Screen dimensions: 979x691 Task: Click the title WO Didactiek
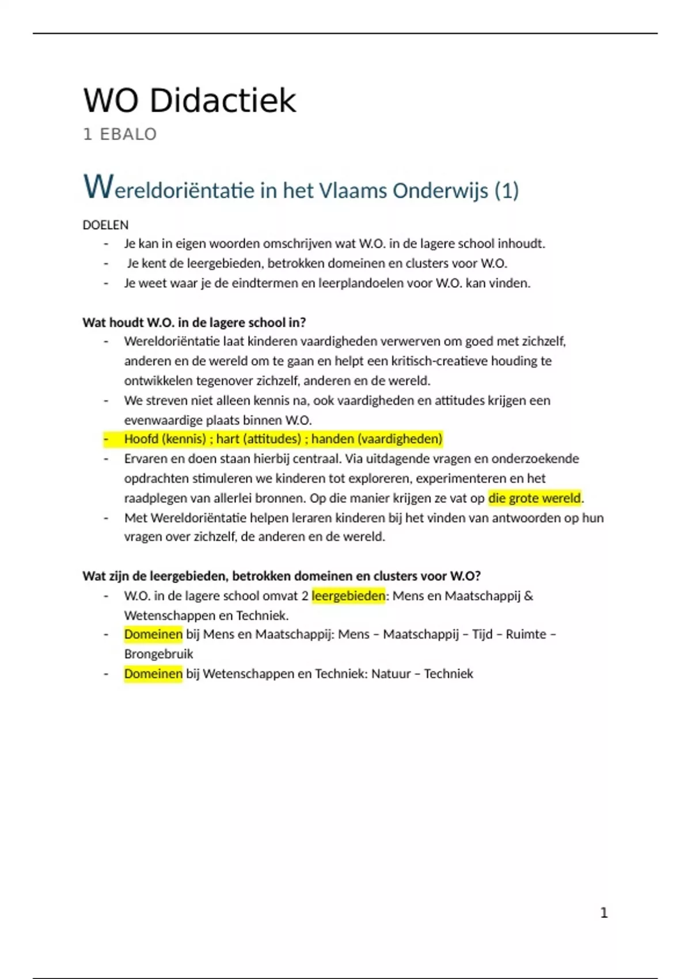point(189,101)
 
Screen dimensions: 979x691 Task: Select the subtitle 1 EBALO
point(120,134)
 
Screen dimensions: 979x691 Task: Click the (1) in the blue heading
point(506,190)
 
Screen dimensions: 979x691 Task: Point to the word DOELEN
point(105,225)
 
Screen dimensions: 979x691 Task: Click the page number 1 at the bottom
point(603,913)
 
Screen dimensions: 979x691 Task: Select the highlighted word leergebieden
point(348,595)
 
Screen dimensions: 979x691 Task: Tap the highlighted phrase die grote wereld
point(534,498)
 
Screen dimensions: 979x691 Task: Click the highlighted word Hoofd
point(141,439)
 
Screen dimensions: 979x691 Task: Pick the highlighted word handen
point(332,439)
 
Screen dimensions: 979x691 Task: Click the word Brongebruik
point(158,654)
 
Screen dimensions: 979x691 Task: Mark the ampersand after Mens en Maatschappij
point(529,595)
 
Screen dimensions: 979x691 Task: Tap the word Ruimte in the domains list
point(526,635)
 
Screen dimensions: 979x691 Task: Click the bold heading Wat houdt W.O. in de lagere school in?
point(194,322)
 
